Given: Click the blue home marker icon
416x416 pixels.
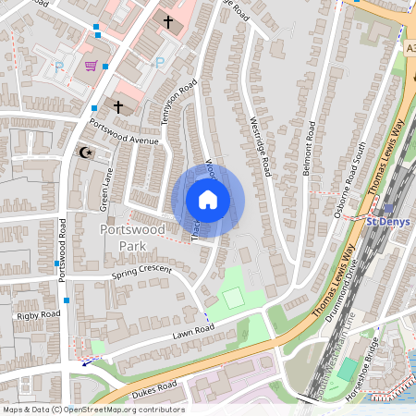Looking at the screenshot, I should [x=208, y=200].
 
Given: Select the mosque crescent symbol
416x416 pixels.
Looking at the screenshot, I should [x=87, y=152].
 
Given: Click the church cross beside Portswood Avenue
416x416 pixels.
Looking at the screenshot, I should [x=118, y=107].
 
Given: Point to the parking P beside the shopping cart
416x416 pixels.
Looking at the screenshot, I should [x=60, y=67].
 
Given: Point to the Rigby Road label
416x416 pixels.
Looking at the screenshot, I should [x=36, y=315].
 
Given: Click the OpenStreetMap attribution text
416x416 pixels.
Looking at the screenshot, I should [x=92, y=410].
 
